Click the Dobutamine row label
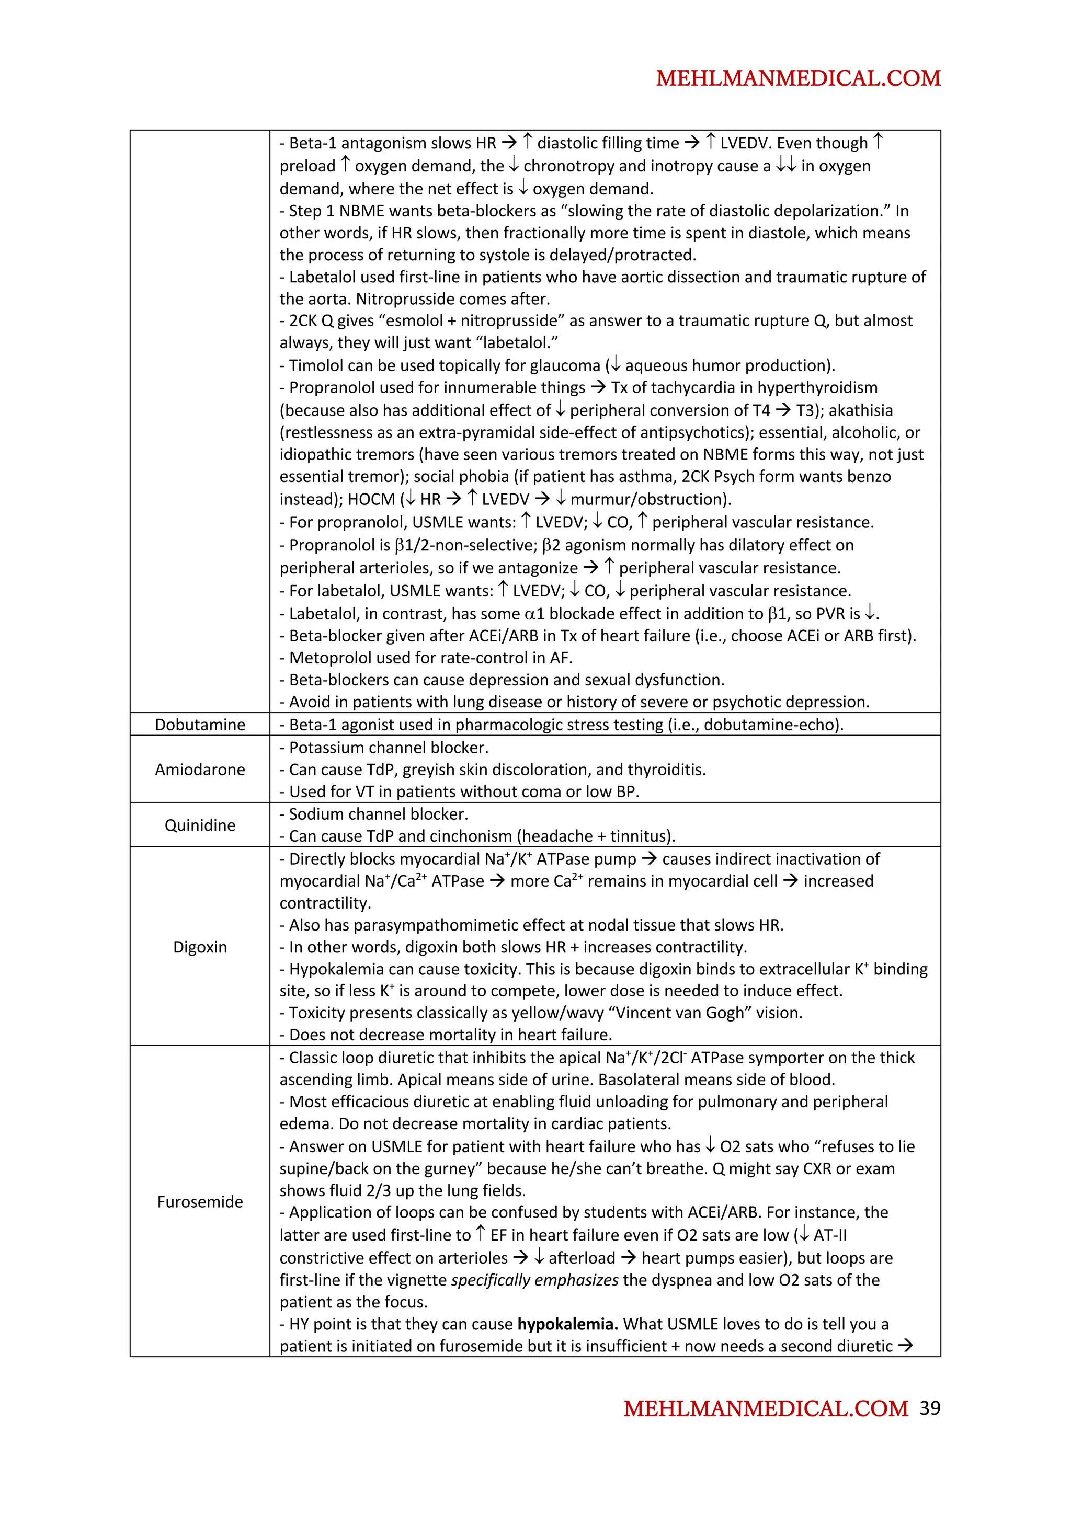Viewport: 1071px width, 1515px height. pyautogui.click(x=200, y=725)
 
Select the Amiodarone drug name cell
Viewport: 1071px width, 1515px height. pyautogui.click(x=200, y=770)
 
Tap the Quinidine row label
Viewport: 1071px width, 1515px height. pyautogui.click(x=200, y=825)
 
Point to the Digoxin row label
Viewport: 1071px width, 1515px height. pyautogui.click(x=200, y=947)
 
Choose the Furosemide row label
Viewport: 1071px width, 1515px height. pyautogui.click(x=200, y=1201)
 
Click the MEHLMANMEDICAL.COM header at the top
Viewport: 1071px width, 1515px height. pyautogui.click(x=798, y=78)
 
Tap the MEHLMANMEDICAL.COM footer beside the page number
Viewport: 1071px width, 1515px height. pyautogui.click(x=766, y=1409)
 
